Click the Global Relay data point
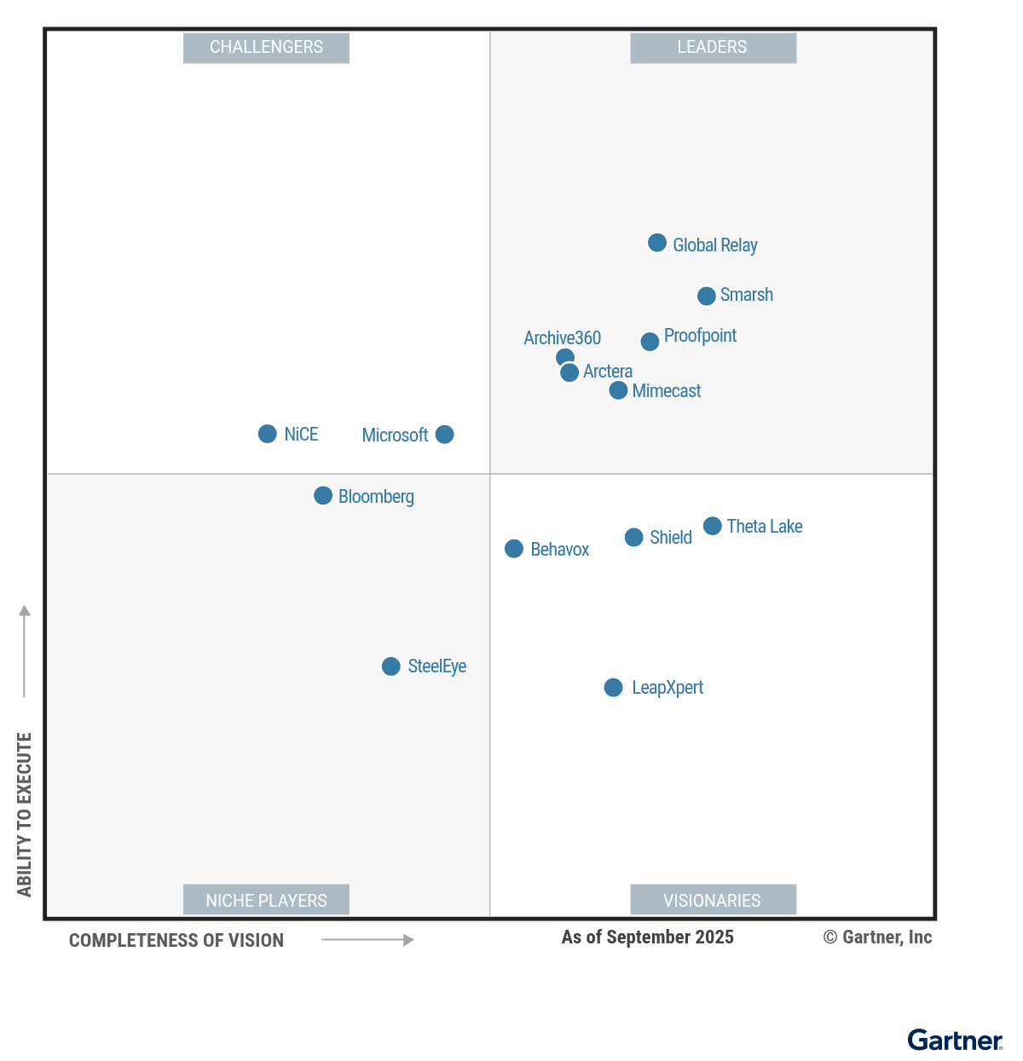pos(656,243)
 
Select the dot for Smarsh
pos(706,296)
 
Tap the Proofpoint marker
pos(650,342)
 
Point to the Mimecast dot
pos(618,390)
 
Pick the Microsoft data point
pos(444,435)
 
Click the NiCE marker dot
pos(267,434)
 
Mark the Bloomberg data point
pos(323,496)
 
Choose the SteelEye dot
pos(390,666)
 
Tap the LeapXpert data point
pos(613,688)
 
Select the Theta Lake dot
pos(712,526)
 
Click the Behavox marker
pos(513,549)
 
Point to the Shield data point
pos(633,538)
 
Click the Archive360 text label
pos(562,338)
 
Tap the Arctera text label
pos(608,372)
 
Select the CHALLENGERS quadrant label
pos(266,48)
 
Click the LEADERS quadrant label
pos(713,48)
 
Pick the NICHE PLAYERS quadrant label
pos(266,900)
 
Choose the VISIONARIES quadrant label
pos(713,900)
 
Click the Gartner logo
pos(955,1041)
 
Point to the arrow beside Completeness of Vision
pos(367,940)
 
